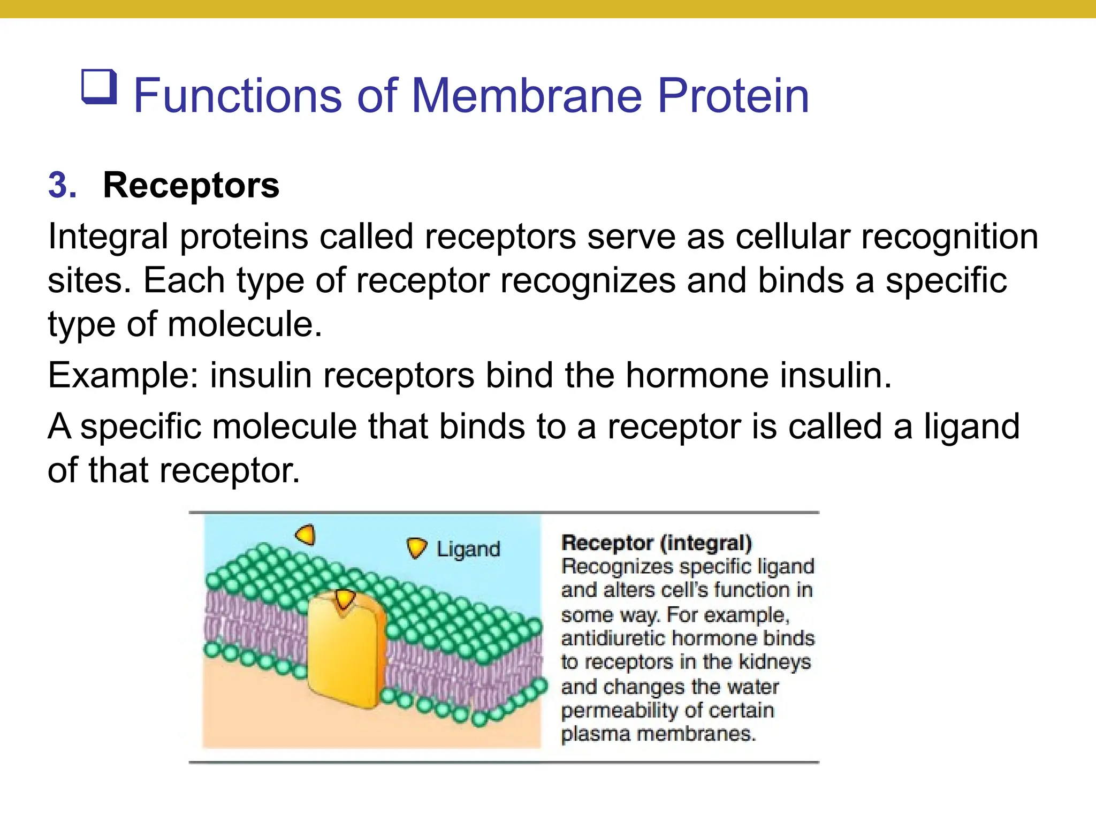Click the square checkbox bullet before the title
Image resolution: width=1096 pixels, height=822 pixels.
[x=99, y=87]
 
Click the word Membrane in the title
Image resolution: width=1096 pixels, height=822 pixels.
[x=527, y=96]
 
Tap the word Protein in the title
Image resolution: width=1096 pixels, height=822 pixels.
[x=733, y=96]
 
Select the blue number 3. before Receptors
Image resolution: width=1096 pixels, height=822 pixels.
[x=63, y=186]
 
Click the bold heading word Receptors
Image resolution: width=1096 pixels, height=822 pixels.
[x=191, y=186]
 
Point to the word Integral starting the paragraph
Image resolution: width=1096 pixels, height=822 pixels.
[x=108, y=237]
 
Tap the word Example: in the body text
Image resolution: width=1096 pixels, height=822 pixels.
[x=123, y=375]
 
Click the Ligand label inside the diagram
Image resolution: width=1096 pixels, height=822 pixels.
[x=468, y=550]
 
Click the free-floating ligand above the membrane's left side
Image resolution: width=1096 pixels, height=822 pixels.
[x=306, y=535]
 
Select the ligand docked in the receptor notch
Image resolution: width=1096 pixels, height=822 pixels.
[x=344, y=598]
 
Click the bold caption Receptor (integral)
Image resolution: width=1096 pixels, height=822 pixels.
[x=657, y=543]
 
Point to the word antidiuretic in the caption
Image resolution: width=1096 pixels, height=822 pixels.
[x=613, y=638]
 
